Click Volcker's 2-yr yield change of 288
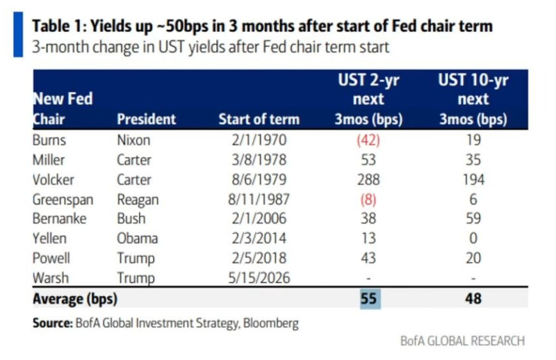click(368, 179)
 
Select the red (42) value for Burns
click(368, 140)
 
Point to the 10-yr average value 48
click(473, 299)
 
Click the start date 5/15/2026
click(259, 278)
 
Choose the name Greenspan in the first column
click(63, 199)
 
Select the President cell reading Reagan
click(138, 199)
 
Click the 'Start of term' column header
click(259, 119)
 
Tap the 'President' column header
click(147, 119)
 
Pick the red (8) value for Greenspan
click(368, 199)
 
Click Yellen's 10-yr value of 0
click(473, 238)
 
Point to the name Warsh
click(50, 278)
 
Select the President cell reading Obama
click(137, 238)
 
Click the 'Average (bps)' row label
click(75, 299)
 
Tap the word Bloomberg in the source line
click(271, 323)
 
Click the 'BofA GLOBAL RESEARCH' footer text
click(462, 341)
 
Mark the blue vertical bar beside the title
click(18, 35)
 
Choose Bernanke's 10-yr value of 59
click(473, 218)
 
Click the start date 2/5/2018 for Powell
click(259, 258)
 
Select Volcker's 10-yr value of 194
click(473, 179)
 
